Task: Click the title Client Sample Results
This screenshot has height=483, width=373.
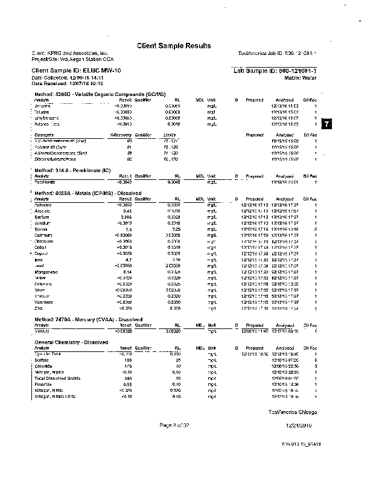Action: (x=174, y=46)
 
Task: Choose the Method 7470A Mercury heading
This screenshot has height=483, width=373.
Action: (x=88, y=319)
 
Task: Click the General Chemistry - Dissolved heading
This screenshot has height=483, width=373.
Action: (x=71, y=342)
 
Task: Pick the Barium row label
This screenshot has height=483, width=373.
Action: (x=42, y=216)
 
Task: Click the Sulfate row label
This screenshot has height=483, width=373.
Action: (x=42, y=360)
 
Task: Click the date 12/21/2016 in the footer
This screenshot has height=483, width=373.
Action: (x=298, y=426)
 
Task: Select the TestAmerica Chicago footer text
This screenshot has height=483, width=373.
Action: (x=293, y=412)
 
